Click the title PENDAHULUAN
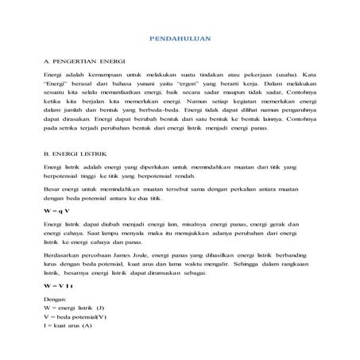tap(180, 39)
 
